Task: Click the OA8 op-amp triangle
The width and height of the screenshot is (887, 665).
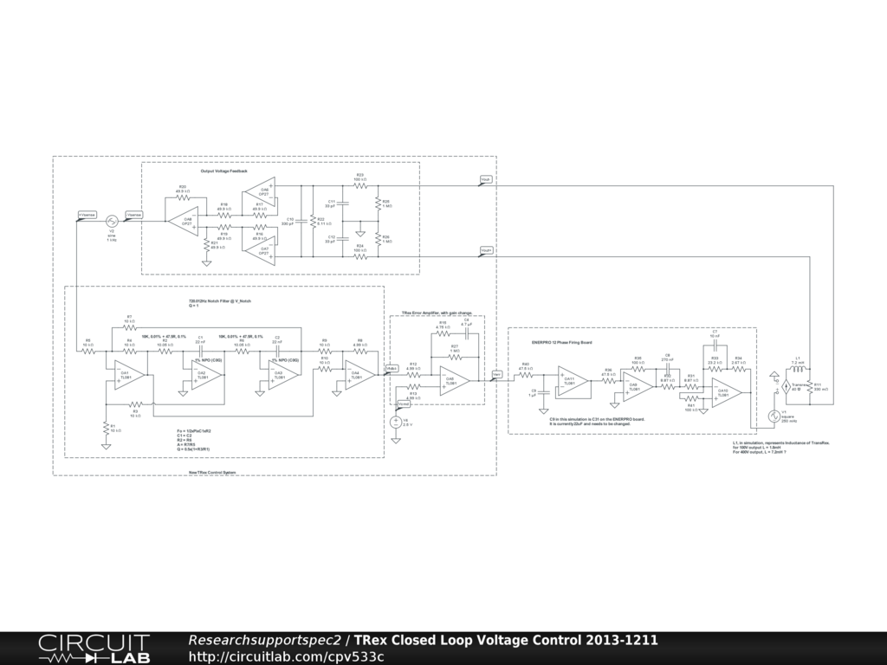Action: (x=184, y=221)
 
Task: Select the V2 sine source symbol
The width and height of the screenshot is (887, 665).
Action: (x=111, y=222)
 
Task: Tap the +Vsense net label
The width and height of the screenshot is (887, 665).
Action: (x=87, y=215)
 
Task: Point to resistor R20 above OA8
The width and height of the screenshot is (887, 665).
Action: (x=183, y=197)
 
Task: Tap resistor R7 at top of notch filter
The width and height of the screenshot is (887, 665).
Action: (x=129, y=327)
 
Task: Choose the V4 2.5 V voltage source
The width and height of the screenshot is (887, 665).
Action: (x=396, y=422)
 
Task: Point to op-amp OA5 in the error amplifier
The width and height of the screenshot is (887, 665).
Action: (x=452, y=381)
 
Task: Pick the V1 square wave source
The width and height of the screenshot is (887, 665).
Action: (x=775, y=416)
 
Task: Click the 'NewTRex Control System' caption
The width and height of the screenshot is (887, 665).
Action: (x=213, y=472)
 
